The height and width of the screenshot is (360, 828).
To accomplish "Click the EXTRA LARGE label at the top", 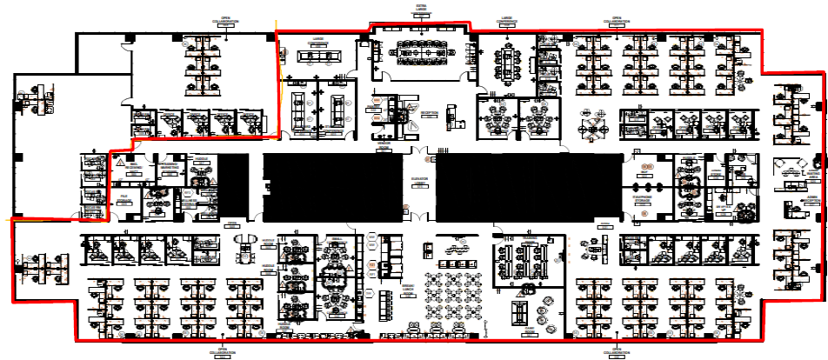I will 422,9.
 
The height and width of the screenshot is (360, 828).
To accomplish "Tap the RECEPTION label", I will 428,114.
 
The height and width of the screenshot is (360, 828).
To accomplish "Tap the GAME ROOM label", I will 528,330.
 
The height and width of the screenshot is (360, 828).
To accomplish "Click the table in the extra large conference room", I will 421,53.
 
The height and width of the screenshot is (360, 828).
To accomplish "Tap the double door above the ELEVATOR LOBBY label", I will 420,158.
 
